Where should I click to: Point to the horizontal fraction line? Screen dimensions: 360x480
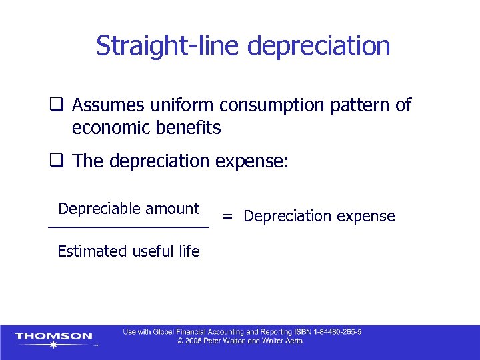click(128, 228)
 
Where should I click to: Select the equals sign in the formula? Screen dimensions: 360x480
click(228, 216)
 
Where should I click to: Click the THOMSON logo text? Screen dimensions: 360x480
click(54, 336)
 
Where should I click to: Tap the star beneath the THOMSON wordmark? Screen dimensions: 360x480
click(53, 345)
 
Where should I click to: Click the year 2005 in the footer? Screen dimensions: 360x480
click(195, 341)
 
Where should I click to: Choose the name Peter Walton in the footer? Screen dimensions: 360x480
click(227, 341)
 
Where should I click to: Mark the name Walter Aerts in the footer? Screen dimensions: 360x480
click(284, 341)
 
